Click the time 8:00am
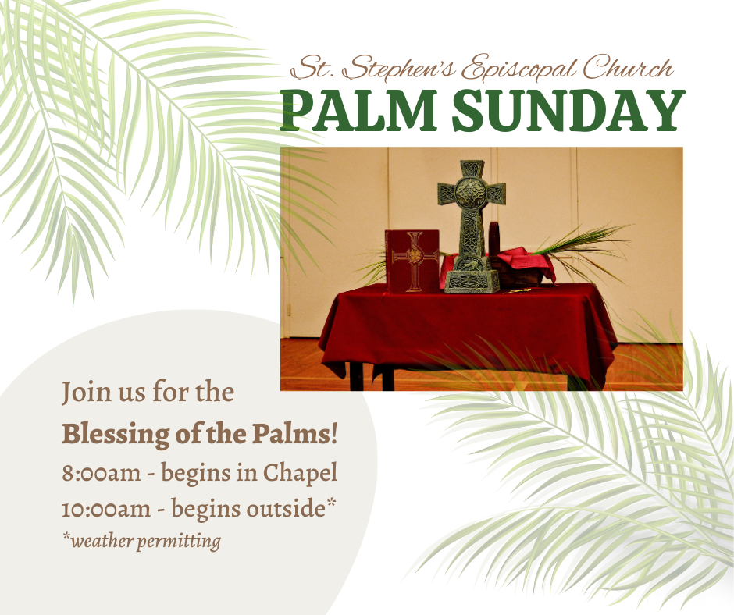tap(101, 473)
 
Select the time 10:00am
tap(106, 509)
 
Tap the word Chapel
tap(300, 474)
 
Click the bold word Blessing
tap(116, 435)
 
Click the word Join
tap(87, 393)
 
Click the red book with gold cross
tap(412, 261)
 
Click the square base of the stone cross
tap(472, 282)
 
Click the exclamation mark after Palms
tap(334, 434)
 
